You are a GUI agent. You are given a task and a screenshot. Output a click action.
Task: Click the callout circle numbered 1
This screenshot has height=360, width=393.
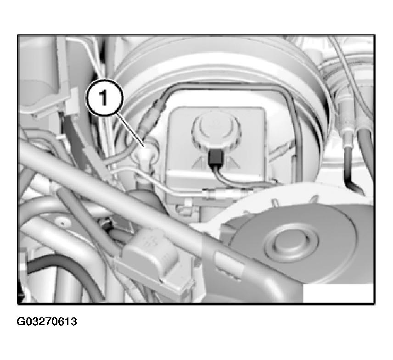pyautogui.click(x=105, y=97)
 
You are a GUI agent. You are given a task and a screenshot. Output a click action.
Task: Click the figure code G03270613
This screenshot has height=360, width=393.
pyautogui.click(x=47, y=321)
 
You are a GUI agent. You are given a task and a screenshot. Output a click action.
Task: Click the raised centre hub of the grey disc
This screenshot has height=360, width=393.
pyautogui.click(x=292, y=244)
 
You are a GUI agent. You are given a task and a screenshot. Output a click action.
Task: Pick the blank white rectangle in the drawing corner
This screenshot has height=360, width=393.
pyautogui.click(x=338, y=293)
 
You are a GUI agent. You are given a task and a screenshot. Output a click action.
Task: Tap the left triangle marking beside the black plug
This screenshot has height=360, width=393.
pyautogui.click(x=200, y=161)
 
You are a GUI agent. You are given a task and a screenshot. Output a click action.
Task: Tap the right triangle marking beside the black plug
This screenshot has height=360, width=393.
pyautogui.click(x=232, y=161)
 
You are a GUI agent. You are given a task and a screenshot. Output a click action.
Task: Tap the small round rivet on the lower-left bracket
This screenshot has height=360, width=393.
pyautogui.click(x=61, y=222)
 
